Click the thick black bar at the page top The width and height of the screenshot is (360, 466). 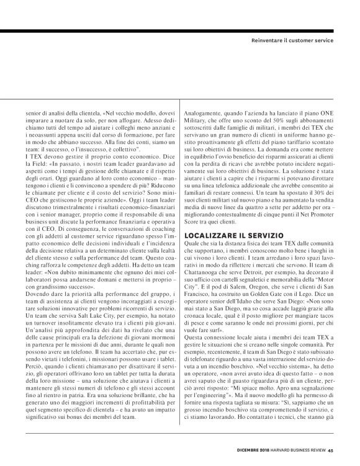180,30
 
